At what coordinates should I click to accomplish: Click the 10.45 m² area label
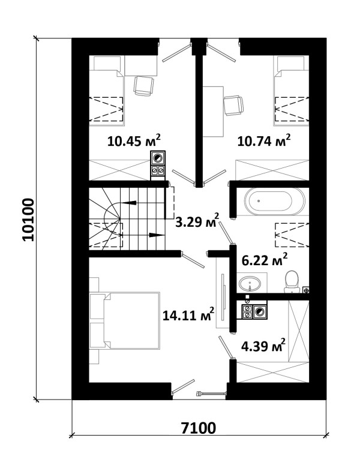[134, 140]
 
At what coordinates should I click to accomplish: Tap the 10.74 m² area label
[264, 140]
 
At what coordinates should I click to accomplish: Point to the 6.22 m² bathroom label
[265, 259]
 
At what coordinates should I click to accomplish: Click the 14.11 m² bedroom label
[188, 314]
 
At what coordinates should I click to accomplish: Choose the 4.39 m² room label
[263, 345]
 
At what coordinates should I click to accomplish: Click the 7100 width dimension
[199, 428]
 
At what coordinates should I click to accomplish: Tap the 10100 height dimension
[28, 220]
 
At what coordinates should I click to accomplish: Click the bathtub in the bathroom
[274, 201]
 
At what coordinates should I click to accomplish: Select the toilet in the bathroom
[292, 281]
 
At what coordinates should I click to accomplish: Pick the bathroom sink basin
[250, 284]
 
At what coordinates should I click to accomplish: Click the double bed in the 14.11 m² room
[131, 320]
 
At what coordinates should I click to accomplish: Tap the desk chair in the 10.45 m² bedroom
[144, 86]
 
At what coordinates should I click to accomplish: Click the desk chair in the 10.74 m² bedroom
[233, 105]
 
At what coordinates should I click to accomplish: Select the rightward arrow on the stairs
[157, 235]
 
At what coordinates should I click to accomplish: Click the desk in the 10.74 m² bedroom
[213, 112]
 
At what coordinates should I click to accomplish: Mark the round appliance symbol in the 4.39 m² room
[260, 311]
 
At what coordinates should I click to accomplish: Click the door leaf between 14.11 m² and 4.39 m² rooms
[227, 347]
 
